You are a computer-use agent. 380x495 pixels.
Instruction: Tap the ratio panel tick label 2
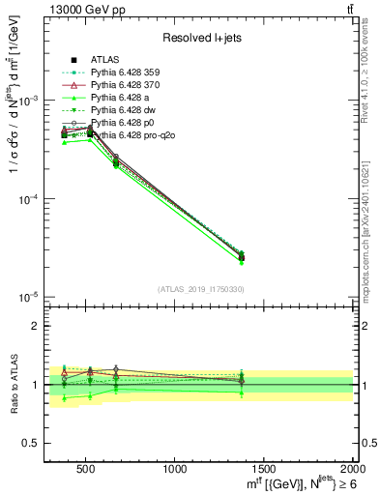pos(37,327)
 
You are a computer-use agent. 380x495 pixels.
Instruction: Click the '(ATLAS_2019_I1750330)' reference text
pos(200,289)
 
